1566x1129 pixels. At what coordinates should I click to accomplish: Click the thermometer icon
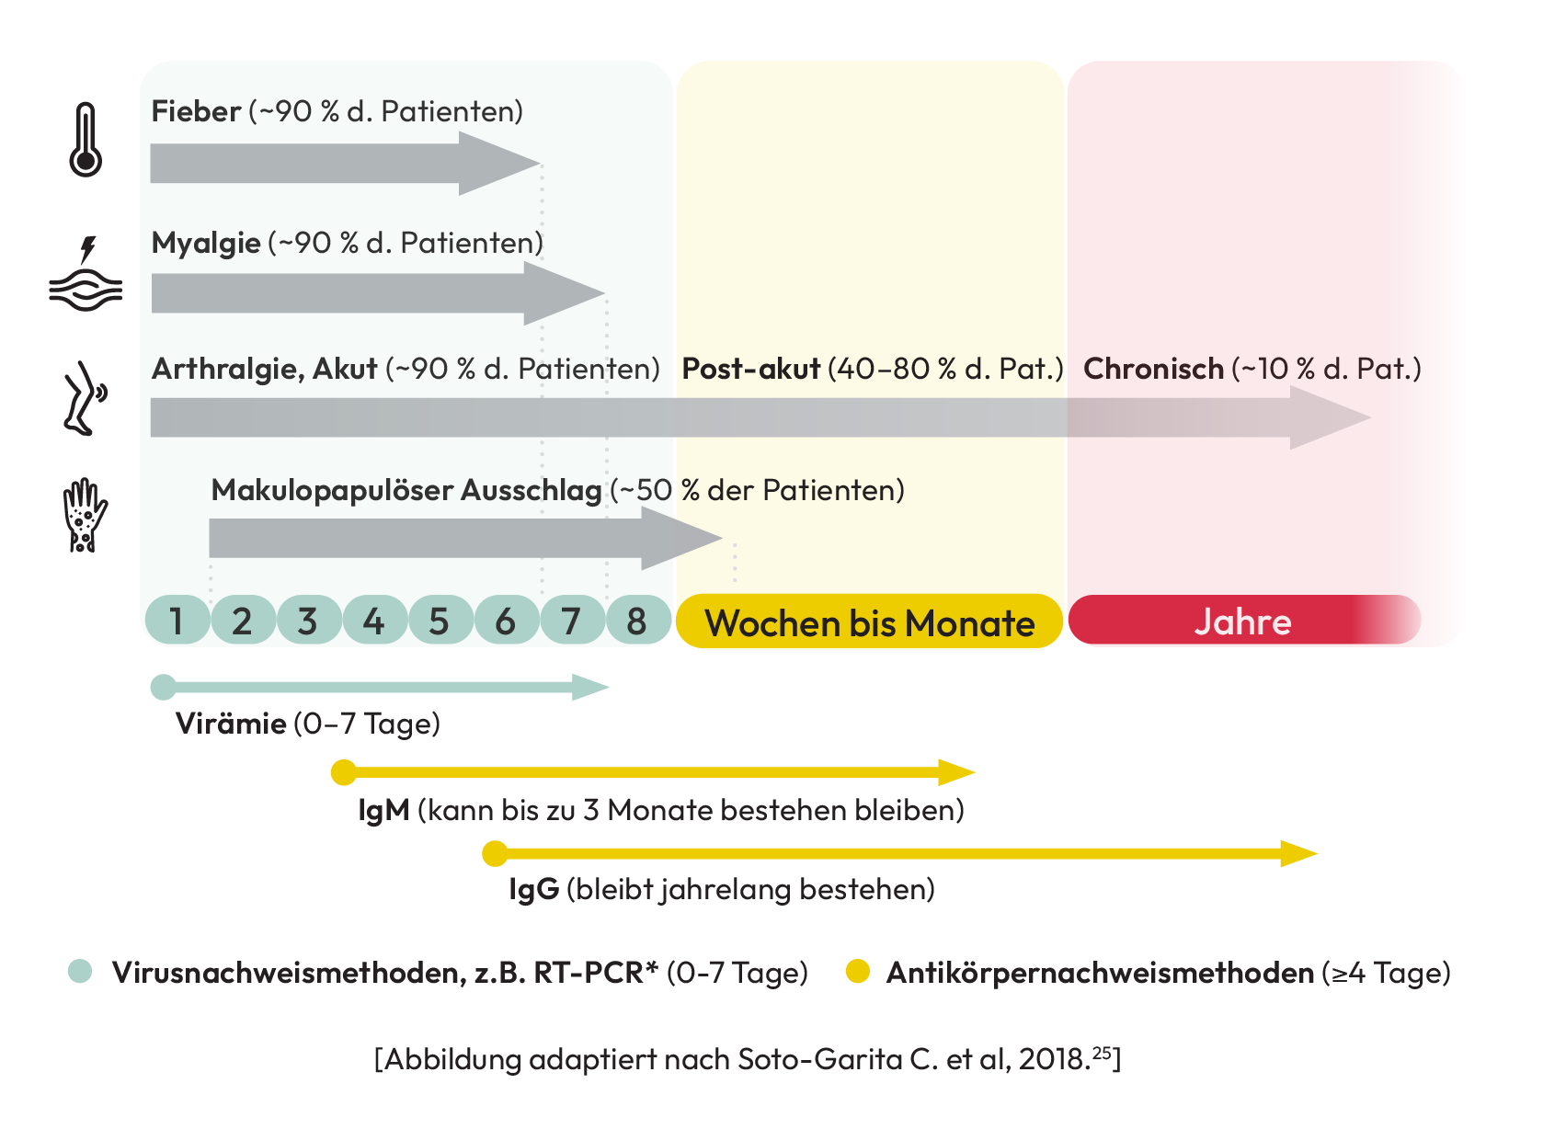pyautogui.click(x=86, y=140)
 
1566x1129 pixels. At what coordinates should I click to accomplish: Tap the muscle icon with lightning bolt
pyautogui.click(x=86, y=276)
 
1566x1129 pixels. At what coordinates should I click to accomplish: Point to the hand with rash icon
pyautogui.click(x=85, y=515)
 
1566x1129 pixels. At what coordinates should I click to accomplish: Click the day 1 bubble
pyautogui.click(x=177, y=622)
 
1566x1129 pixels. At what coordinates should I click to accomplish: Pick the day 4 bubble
pyautogui.click(x=373, y=622)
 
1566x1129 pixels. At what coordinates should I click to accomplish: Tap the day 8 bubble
pyautogui.click(x=637, y=622)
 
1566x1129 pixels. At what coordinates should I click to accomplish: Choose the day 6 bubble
pyautogui.click(x=506, y=622)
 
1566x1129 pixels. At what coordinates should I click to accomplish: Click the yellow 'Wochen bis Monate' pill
pyautogui.click(x=869, y=622)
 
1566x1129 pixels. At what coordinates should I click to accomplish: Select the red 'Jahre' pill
pyautogui.click(x=1242, y=622)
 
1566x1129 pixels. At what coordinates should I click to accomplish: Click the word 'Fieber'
pyautogui.click(x=196, y=111)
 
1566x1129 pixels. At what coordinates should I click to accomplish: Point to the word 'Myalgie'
pyautogui.click(x=206, y=243)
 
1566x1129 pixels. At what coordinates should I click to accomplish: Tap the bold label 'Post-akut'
pyautogui.click(x=750, y=369)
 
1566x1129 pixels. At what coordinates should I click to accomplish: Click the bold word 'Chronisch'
pyautogui.click(x=1153, y=369)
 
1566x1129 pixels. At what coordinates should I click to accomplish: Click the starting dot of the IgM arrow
pyautogui.click(x=344, y=772)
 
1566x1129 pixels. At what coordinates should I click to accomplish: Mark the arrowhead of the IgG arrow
pyautogui.click(x=1298, y=854)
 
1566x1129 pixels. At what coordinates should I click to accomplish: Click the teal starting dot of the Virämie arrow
pyautogui.click(x=163, y=687)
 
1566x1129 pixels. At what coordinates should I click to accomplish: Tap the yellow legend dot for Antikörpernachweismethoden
pyautogui.click(x=858, y=972)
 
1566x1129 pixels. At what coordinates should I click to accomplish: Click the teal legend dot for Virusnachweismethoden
pyautogui.click(x=81, y=972)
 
